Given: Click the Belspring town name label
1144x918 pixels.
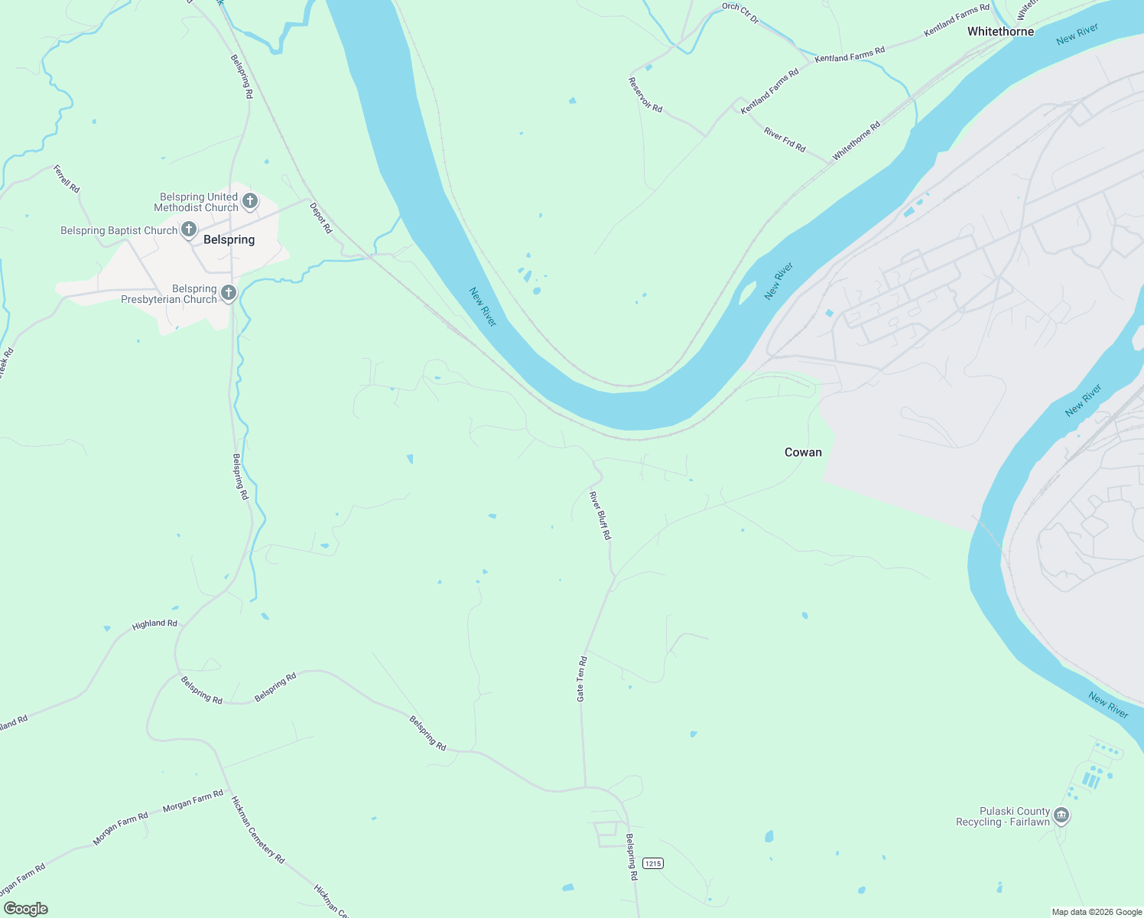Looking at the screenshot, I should (229, 239).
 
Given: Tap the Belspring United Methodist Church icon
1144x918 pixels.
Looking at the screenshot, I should (249, 202).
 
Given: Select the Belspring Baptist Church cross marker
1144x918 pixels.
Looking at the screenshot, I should (188, 229).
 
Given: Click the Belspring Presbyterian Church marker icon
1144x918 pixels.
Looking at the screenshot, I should (228, 294).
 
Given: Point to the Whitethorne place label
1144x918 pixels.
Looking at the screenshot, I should (1000, 31).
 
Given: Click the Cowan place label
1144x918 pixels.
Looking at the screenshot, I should (803, 452).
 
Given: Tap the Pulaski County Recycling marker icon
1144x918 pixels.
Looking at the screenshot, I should (1061, 815).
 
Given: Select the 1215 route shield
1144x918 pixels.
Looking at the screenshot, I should (652, 863).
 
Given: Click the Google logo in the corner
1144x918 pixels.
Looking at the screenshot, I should (25, 908).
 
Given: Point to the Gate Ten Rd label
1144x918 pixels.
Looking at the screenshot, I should (581, 679).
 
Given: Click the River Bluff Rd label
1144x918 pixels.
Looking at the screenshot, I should (600, 516).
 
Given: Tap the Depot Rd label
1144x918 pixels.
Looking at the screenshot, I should (321, 217).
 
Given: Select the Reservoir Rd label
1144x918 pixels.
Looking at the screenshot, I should (645, 94).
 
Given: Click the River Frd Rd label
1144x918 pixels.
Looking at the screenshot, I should (785, 140).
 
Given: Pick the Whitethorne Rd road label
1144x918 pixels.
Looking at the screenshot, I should (856, 141).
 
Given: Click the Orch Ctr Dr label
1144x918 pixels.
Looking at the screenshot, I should (740, 13).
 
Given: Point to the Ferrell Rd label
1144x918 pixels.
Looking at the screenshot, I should (67, 178).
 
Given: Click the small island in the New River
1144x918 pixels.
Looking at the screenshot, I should (746, 293).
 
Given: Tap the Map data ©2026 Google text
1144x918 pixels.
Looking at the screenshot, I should (1097, 912).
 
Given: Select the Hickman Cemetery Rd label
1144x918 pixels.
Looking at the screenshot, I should (258, 830).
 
